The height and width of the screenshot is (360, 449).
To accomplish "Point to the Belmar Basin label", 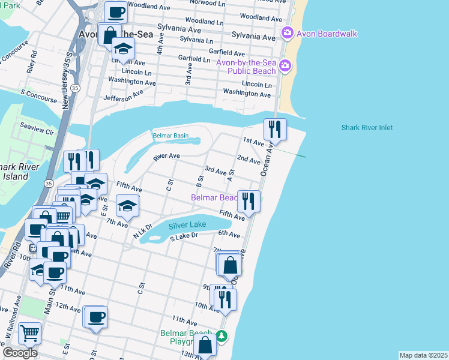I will click(x=170, y=136).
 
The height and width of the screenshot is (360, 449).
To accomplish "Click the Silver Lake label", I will click(x=187, y=225).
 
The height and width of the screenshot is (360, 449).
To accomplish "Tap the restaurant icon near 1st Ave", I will click(x=275, y=129).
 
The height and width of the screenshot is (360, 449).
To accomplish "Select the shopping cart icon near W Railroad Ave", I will click(x=29, y=333).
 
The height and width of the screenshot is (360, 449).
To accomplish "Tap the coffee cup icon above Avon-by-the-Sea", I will click(x=116, y=12).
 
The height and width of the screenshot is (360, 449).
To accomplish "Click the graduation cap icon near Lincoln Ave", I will click(x=123, y=49).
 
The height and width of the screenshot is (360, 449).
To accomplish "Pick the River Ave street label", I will click(x=166, y=156).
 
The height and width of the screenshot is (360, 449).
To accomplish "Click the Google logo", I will click(x=20, y=353).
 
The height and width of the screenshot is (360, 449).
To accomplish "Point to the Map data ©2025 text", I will click(x=423, y=355).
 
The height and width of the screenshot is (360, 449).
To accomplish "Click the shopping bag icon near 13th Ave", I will click(x=205, y=345).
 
